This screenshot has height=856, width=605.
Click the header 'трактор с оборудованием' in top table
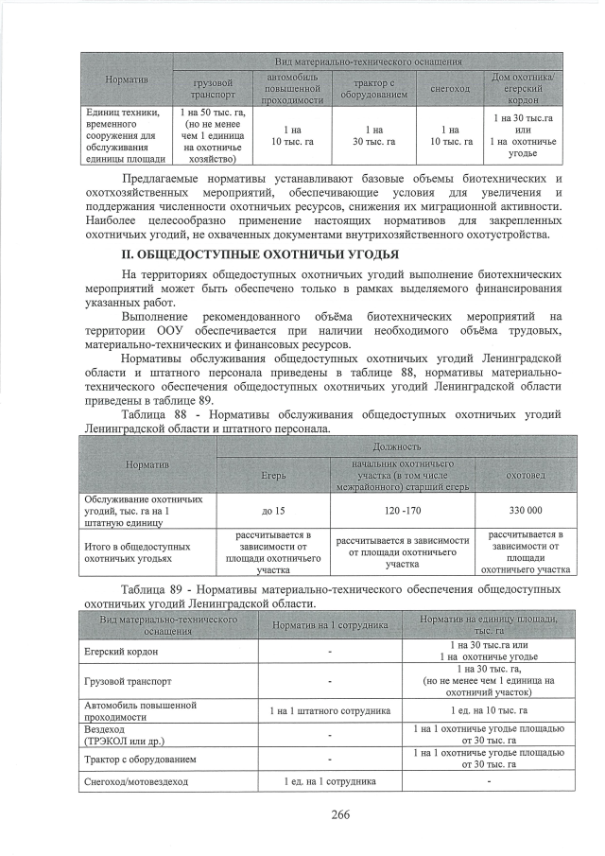(373, 89)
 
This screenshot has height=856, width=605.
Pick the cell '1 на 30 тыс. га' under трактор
(373, 135)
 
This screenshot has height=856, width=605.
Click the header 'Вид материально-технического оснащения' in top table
(368, 61)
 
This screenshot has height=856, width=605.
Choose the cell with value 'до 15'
(273, 510)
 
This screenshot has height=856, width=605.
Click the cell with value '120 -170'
(403, 510)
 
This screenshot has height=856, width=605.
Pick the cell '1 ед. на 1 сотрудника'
(330, 781)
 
